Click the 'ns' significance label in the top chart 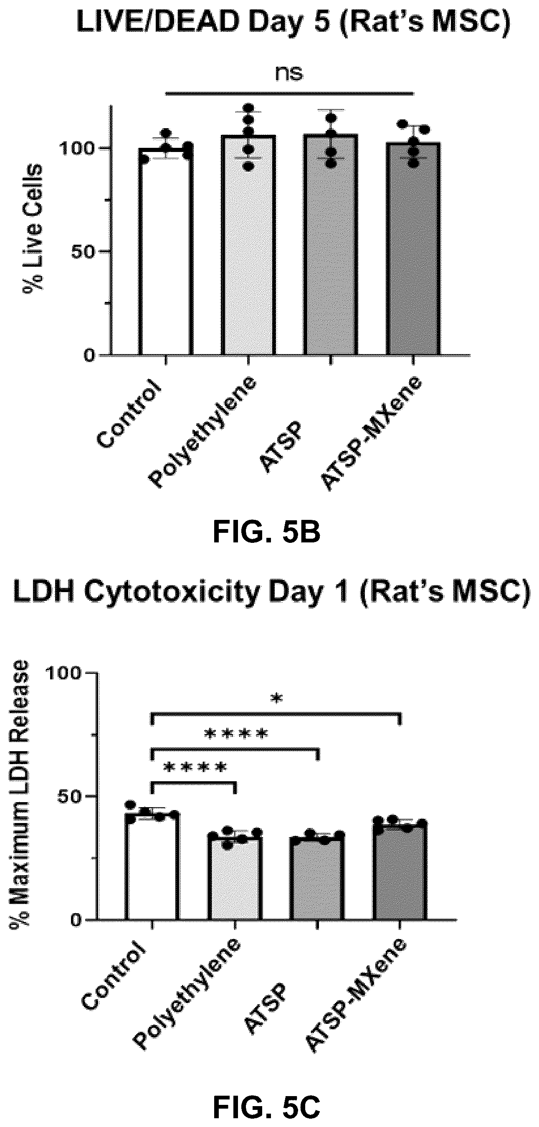289,73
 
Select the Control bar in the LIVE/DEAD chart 166,251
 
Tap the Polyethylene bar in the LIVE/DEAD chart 248,245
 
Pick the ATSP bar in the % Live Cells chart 331,245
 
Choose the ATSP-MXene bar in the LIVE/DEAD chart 413,248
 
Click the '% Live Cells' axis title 33,228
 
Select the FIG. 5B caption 266,533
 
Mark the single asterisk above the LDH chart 276,699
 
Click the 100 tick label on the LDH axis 63,674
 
